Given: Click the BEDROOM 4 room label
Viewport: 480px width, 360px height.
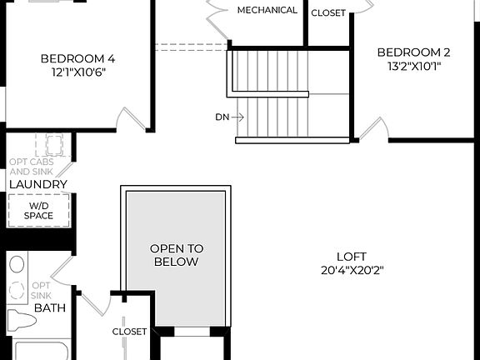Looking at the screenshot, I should click(77, 58).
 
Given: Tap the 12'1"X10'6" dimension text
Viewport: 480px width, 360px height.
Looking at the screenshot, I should click(77, 72).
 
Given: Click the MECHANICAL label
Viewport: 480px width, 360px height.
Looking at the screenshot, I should click(267, 10).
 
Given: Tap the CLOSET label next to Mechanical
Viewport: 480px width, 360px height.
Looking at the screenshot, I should click(328, 12).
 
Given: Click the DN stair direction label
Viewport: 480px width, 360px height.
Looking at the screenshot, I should click(222, 117).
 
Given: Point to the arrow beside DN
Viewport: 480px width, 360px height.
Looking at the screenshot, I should click(237, 117).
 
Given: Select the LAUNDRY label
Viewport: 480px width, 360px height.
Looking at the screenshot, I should click(37, 184).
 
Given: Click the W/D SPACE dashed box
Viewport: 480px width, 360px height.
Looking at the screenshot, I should click(38, 211).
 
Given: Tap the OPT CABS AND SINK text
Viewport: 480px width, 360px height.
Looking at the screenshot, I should click(31, 167).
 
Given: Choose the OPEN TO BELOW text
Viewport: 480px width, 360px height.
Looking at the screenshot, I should click(175, 255).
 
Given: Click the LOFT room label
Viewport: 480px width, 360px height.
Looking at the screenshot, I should click(351, 257).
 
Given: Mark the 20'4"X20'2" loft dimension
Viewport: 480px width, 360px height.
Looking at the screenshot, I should click(351, 270).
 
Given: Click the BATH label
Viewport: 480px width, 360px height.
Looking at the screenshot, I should click(49, 307).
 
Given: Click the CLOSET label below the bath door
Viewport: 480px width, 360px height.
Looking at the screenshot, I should click(129, 332).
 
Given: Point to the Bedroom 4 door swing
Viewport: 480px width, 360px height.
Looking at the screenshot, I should click(129, 120).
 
